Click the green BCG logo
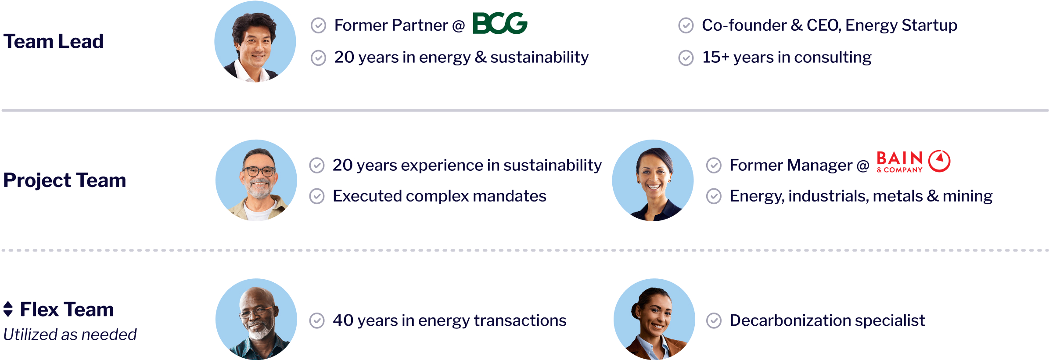(x=500, y=23)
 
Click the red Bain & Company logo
(x=913, y=162)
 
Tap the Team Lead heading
(x=54, y=41)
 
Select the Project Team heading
(x=65, y=180)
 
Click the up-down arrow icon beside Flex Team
(x=8, y=309)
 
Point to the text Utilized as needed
(x=70, y=335)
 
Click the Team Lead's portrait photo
(x=255, y=42)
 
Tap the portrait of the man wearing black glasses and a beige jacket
(x=256, y=180)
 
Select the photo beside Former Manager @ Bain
(x=653, y=180)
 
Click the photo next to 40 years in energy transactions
(x=256, y=319)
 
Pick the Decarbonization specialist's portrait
(x=654, y=319)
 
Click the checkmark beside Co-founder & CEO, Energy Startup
(x=686, y=25)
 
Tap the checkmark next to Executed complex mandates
(x=317, y=196)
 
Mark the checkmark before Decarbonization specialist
(x=714, y=321)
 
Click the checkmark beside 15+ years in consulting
(x=686, y=58)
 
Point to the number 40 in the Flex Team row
(x=343, y=320)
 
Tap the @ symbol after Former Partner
(x=459, y=26)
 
